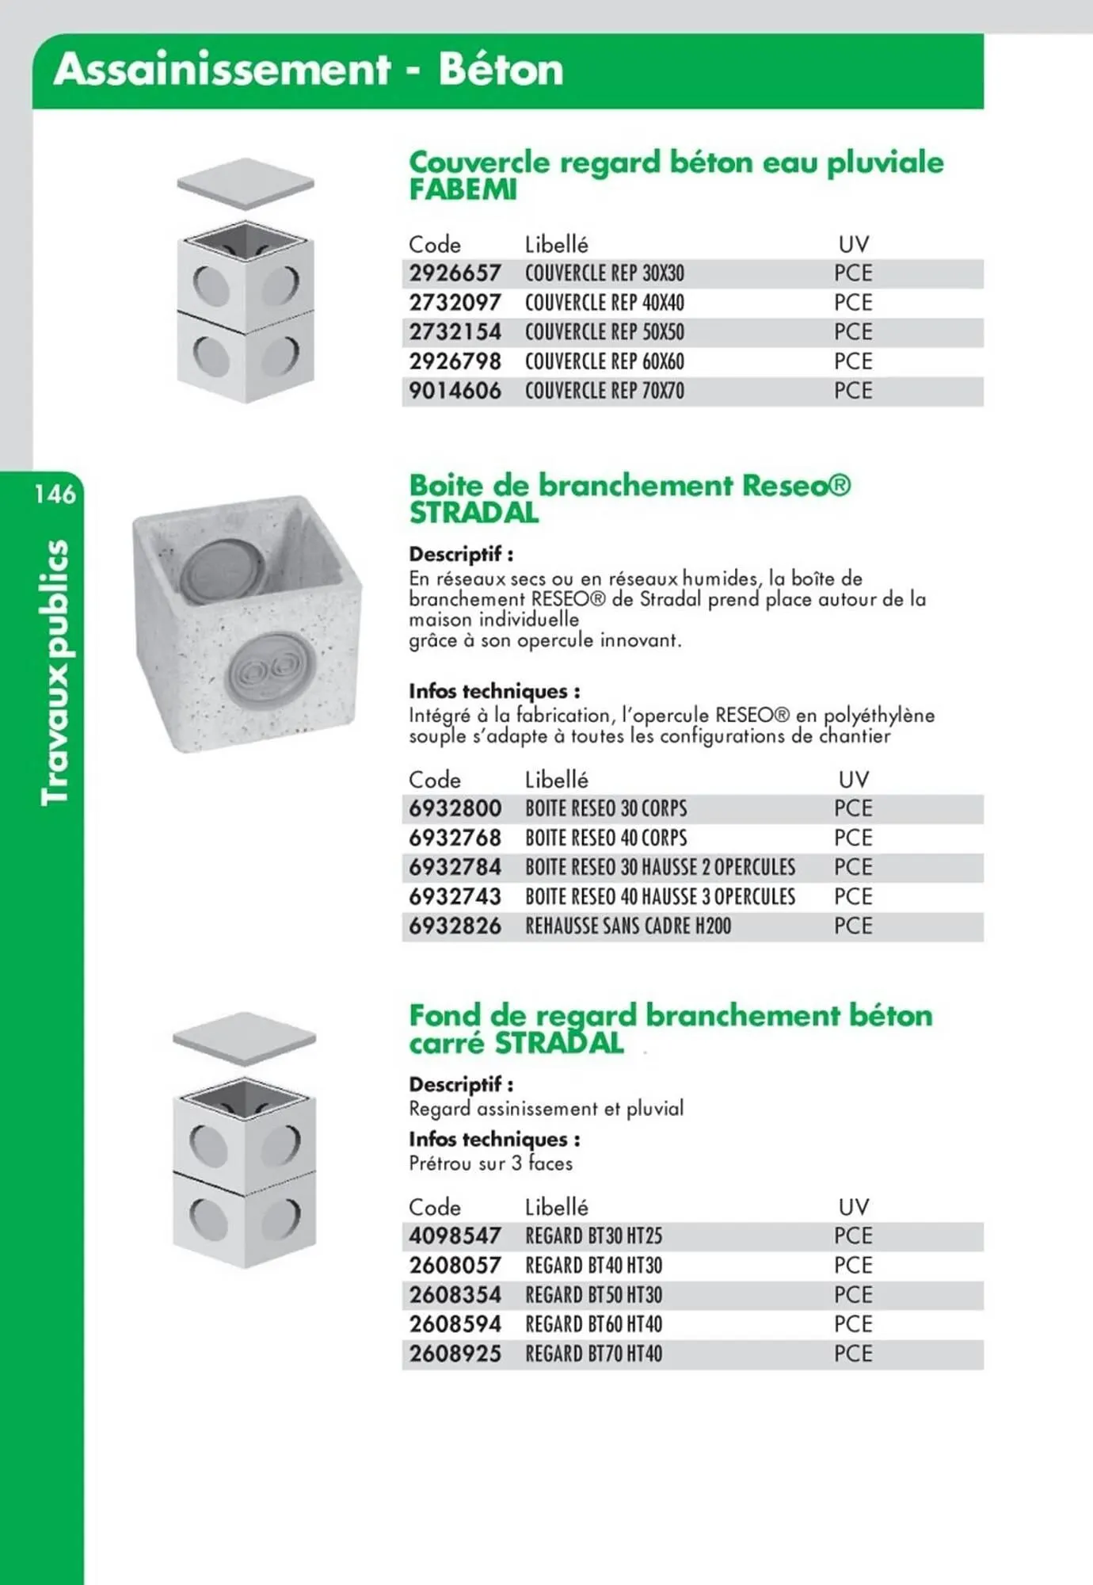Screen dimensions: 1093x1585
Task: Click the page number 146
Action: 55,495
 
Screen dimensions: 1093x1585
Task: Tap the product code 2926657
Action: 455,273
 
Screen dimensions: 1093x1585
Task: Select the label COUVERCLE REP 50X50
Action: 604,332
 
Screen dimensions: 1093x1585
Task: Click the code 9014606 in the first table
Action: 455,391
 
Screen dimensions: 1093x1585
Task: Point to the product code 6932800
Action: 455,808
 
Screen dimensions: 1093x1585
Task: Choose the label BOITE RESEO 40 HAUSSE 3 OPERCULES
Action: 660,896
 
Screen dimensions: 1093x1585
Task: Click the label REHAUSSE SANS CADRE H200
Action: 628,926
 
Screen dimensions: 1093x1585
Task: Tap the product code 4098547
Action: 455,1236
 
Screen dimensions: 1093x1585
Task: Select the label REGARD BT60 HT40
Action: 593,1324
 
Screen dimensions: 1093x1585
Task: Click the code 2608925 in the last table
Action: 455,1354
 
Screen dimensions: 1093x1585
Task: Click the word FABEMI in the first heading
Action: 463,190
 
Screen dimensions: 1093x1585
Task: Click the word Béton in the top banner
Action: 501,70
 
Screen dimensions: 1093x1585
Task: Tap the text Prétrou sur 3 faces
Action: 490,1163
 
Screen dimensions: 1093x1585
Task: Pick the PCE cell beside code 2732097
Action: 853,303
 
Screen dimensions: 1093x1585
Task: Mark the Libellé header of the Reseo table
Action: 556,780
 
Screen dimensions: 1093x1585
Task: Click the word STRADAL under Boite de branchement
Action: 474,514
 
